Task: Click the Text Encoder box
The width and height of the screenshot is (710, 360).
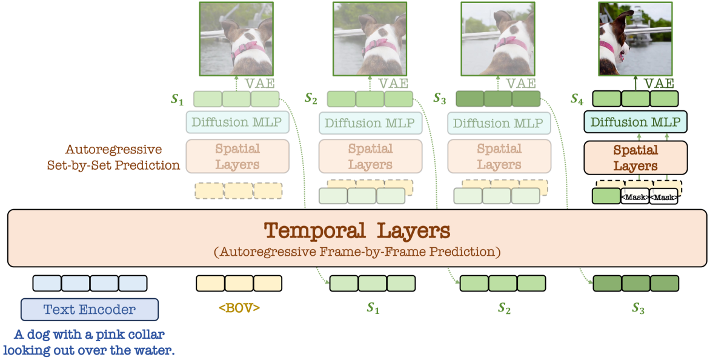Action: [89, 310]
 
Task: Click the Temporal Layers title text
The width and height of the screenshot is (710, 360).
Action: [357, 231]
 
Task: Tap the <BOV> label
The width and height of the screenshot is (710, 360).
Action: [239, 308]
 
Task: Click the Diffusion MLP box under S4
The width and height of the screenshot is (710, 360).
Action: [635, 122]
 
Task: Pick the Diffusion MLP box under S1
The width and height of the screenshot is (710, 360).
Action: [236, 122]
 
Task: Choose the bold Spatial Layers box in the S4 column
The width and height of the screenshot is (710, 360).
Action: [635, 157]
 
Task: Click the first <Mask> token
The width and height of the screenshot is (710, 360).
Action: [634, 197]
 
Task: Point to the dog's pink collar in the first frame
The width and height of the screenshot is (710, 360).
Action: [248, 47]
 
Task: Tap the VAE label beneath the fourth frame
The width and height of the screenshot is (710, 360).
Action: [659, 83]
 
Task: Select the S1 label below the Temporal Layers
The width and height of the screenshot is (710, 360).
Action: [373, 308]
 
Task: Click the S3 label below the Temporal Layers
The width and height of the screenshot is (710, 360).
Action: [637, 308]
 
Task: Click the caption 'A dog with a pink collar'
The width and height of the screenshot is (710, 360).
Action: [88, 335]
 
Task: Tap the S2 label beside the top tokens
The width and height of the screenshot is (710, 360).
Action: [311, 98]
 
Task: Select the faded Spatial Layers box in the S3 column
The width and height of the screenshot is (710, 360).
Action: [499, 156]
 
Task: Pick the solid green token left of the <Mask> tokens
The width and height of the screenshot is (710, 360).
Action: [605, 196]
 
